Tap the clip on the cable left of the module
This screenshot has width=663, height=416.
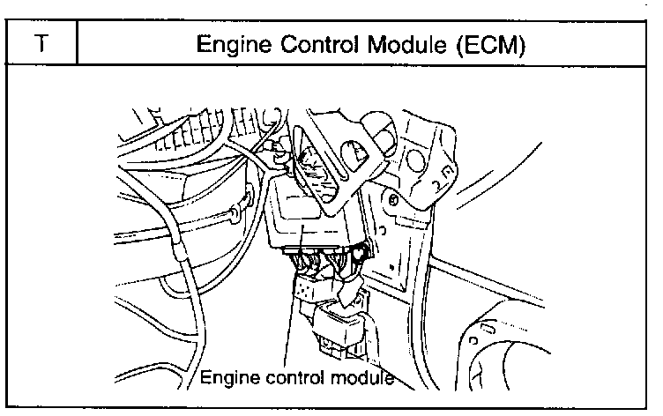tap(235, 211)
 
